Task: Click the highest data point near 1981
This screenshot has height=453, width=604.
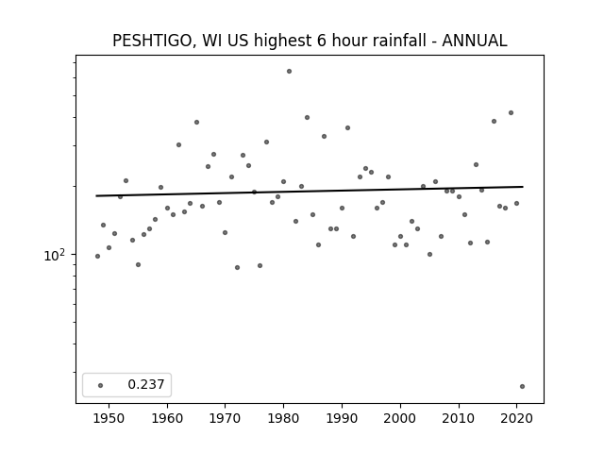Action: pos(290,72)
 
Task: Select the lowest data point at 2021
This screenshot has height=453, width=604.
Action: pos(522,386)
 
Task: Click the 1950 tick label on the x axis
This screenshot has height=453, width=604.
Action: pos(109,418)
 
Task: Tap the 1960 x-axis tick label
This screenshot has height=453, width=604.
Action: pos(167,418)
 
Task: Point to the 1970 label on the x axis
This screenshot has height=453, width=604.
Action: pos(226,418)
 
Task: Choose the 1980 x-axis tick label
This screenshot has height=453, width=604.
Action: pos(283,418)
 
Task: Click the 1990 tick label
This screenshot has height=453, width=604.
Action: pos(342,418)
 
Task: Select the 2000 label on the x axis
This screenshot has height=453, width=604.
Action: pos(400,418)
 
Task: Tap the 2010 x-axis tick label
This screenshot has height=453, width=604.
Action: pos(459,418)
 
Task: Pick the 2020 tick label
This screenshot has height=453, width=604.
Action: pos(516,418)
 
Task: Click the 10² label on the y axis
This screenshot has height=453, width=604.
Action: pos(55,255)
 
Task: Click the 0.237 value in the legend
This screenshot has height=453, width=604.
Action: pos(146,384)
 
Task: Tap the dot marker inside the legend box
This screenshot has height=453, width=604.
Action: pos(101,385)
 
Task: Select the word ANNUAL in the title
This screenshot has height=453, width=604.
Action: pos(475,41)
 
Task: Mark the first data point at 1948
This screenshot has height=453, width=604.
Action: pos(97,256)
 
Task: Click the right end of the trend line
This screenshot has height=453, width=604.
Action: pos(523,187)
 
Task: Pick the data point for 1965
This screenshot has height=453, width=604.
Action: pos(197,122)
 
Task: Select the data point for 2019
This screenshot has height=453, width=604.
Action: pos(511,113)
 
